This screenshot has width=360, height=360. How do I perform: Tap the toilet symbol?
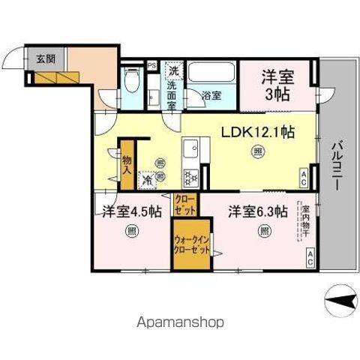coord(132,78)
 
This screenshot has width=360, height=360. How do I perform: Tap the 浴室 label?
coord(211,95)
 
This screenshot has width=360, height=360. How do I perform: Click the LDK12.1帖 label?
coord(256,132)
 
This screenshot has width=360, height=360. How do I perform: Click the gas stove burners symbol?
coord(189,178)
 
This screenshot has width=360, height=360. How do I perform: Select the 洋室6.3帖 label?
coord(258,211)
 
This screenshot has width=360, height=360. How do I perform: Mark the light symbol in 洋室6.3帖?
coord(264,230)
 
